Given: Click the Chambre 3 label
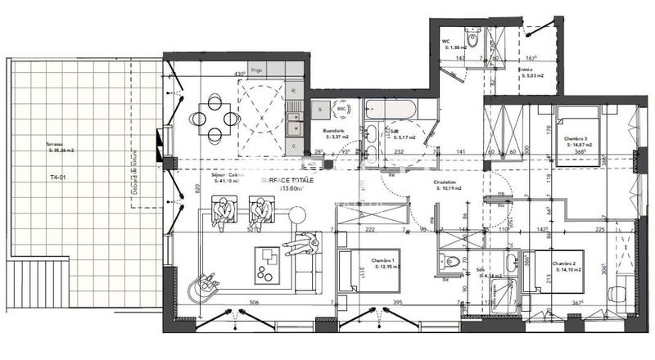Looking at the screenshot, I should [x=576, y=140].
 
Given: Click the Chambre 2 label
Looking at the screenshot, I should [x=566, y=263].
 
